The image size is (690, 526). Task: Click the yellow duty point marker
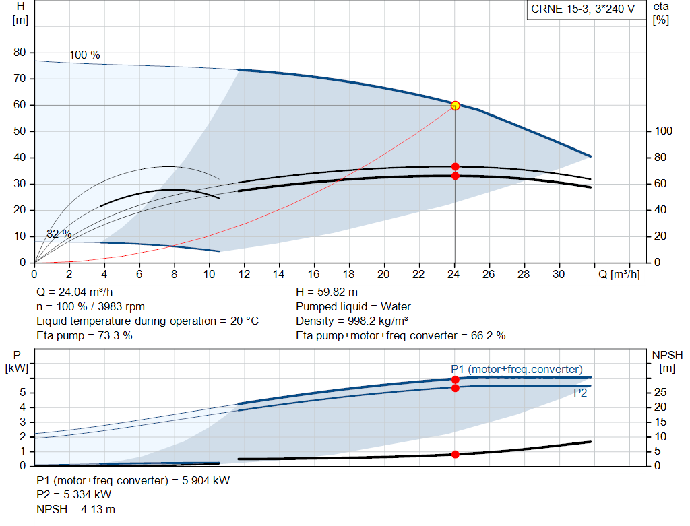coord(456,106)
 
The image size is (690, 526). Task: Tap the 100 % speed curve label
coord(84,55)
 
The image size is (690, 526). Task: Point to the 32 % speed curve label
coord(59,234)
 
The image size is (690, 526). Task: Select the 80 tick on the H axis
coord(20,53)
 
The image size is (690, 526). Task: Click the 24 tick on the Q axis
coord(453,274)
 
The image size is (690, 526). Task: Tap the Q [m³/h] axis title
coord(619,275)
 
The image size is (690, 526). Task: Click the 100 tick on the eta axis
coord(664,131)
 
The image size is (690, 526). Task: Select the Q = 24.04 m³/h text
coord(75,292)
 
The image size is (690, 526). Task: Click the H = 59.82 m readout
coord(327,292)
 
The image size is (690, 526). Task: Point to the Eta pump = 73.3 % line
coord(84,335)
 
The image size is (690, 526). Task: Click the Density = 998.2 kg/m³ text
coord(352,321)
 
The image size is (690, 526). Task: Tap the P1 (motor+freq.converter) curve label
coord(517,370)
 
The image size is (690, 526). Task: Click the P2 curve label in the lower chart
coord(580,393)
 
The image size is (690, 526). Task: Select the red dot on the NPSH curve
coord(456,455)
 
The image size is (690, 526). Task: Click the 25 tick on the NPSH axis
coord(660,392)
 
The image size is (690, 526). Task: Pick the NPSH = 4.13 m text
coord(75,510)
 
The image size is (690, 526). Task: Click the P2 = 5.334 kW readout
coord(74,495)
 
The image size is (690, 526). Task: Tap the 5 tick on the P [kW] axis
coord(23,393)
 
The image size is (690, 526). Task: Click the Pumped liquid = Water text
coord(353,306)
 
